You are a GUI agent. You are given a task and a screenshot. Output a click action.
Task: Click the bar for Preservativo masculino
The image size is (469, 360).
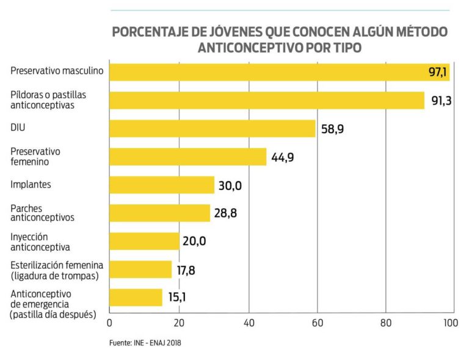pyautogui.click(x=269, y=72)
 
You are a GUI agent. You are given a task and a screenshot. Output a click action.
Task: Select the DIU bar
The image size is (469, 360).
pyautogui.click(x=213, y=128)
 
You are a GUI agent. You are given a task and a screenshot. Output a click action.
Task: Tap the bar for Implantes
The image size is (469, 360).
pyautogui.click(x=162, y=185)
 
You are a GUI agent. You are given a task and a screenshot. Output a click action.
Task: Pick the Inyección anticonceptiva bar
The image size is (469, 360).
pyautogui.click(x=144, y=241)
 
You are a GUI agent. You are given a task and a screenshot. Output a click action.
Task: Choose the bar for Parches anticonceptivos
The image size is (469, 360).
pyautogui.click(x=159, y=213)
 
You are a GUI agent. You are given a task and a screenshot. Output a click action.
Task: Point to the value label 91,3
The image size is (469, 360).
pyautogui.click(x=441, y=101)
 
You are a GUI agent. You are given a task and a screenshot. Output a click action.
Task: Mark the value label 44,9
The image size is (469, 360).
pyautogui.click(x=283, y=157)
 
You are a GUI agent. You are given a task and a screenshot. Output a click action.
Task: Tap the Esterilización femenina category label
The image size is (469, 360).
pyautogui.click(x=57, y=269)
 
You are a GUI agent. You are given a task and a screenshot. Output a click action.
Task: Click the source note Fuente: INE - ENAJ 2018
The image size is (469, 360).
pyautogui.click(x=146, y=343)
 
